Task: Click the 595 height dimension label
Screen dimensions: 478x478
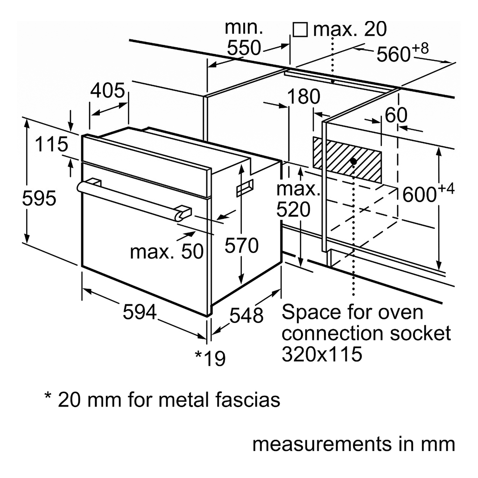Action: tap(39, 199)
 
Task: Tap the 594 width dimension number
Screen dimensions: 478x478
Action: tap(139, 312)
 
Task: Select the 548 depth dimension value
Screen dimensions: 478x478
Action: tap(246, 316)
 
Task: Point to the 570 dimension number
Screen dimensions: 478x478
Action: tap(241, 245)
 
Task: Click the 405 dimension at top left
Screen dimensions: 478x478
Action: tap(108, 91)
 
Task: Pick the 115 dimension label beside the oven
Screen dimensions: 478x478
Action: tap(51, 144)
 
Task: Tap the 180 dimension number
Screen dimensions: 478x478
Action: tap(303, 97)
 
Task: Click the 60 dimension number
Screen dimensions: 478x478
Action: tap(396, 115)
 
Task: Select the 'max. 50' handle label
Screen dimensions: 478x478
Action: tap(167, 252)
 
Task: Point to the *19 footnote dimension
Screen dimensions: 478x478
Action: tap(210, 358)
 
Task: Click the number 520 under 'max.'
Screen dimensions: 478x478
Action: tap(293, 210)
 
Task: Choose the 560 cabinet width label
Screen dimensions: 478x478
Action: tap(393, 55)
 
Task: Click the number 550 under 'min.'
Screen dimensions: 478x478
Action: tap(244, 48)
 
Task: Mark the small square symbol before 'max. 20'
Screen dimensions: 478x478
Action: tap(300, 30)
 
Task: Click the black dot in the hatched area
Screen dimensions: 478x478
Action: tap(353, 161)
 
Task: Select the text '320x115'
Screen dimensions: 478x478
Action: tap(322, 355)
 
